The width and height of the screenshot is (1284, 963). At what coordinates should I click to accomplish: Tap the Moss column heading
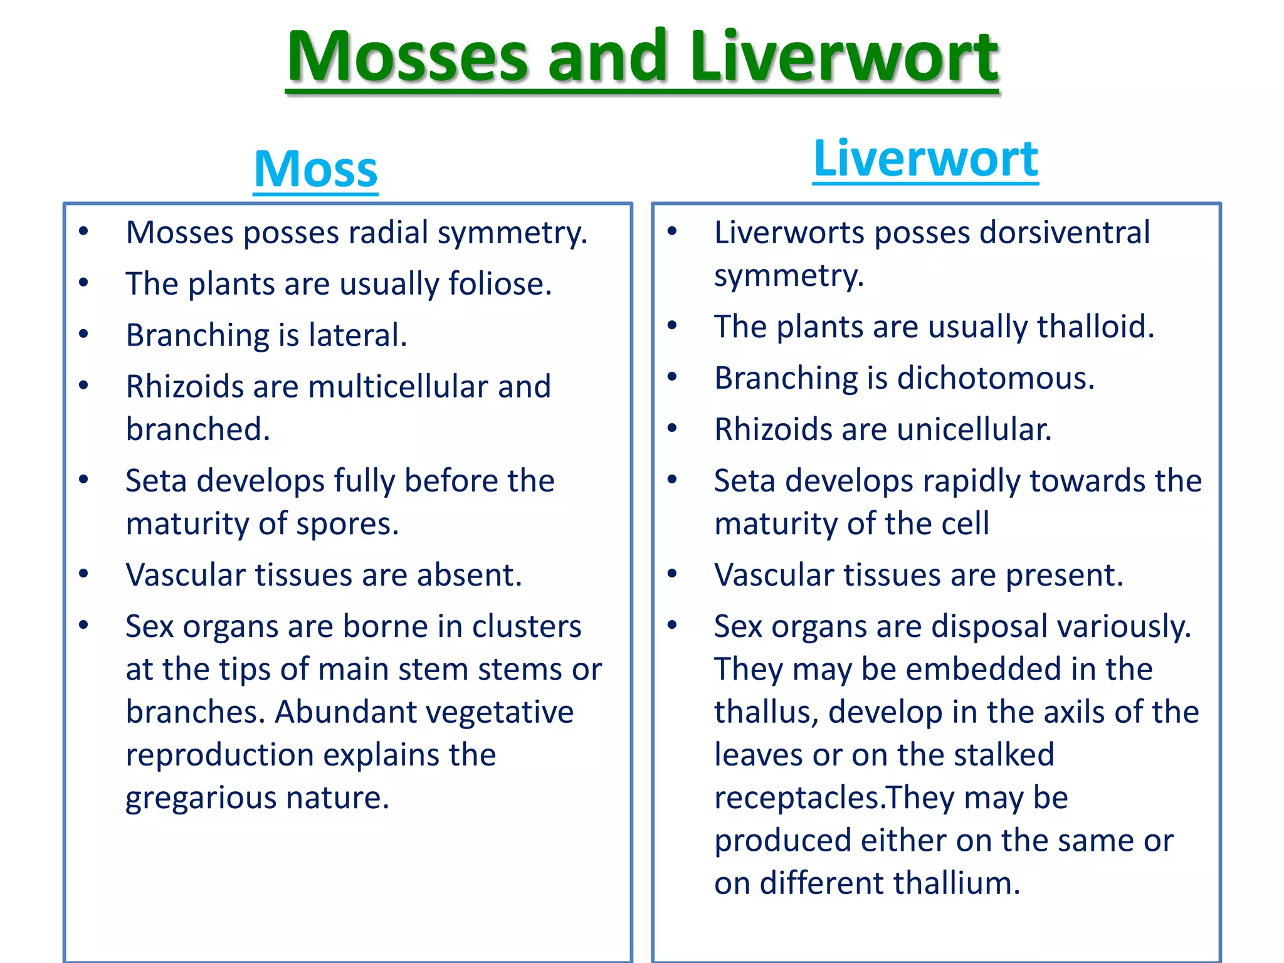(315, 169)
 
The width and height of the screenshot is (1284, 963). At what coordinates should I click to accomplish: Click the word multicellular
(397, 387)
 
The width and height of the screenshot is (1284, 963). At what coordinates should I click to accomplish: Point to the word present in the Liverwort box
(1064, 575)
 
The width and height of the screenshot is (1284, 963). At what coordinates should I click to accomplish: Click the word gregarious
(201, 798)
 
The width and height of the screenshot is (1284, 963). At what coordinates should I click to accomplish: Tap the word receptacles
(799, 798)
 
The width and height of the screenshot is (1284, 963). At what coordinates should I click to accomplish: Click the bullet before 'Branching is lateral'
(83, 334)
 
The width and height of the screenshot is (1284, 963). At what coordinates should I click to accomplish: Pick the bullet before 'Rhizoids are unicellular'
(672, 428)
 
